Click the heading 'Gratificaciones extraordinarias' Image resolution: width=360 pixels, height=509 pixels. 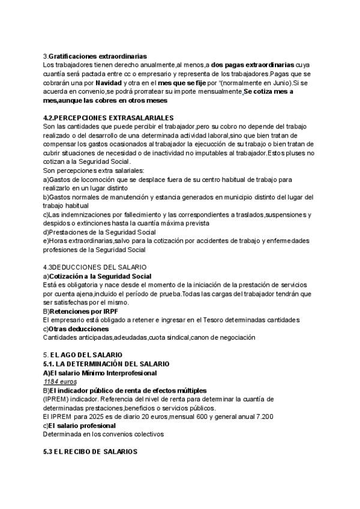97,56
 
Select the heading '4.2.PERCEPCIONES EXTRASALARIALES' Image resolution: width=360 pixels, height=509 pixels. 109,118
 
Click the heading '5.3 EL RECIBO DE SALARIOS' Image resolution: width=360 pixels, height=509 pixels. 91,451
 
